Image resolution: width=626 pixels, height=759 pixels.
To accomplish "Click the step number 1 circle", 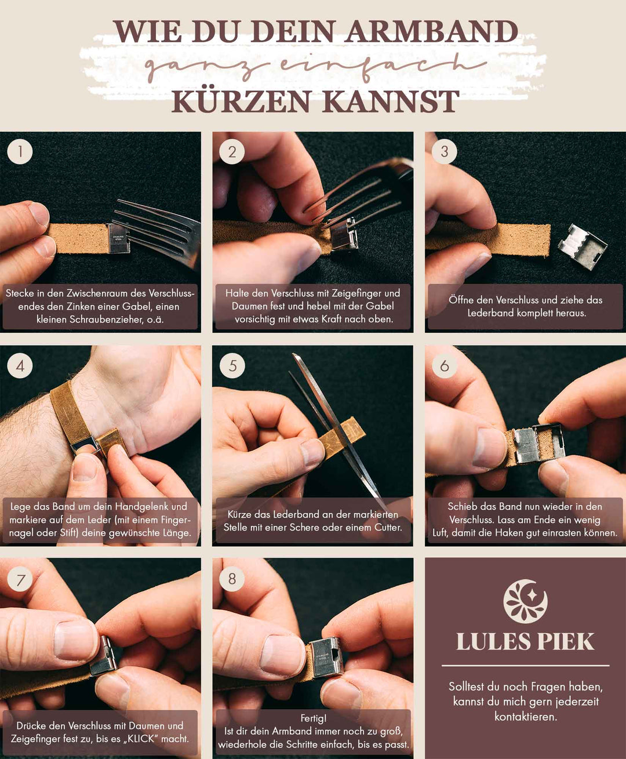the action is (20, 151).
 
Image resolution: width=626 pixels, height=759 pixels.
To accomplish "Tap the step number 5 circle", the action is (232, 365).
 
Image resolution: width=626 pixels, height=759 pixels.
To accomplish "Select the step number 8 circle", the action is (232, 578).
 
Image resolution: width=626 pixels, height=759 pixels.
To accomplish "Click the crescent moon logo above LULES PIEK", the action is (525, 601).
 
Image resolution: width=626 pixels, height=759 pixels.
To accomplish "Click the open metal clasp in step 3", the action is (582, 246).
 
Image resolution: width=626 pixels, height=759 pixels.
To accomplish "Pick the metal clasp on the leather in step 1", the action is (118, 238).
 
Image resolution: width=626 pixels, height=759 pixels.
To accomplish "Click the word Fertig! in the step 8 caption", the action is (314, 718).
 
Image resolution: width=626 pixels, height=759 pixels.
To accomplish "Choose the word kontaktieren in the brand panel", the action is (525, 717).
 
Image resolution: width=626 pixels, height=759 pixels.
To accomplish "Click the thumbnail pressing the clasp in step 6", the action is (489, 448).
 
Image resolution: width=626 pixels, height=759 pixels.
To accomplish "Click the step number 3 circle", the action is (445, 151).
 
